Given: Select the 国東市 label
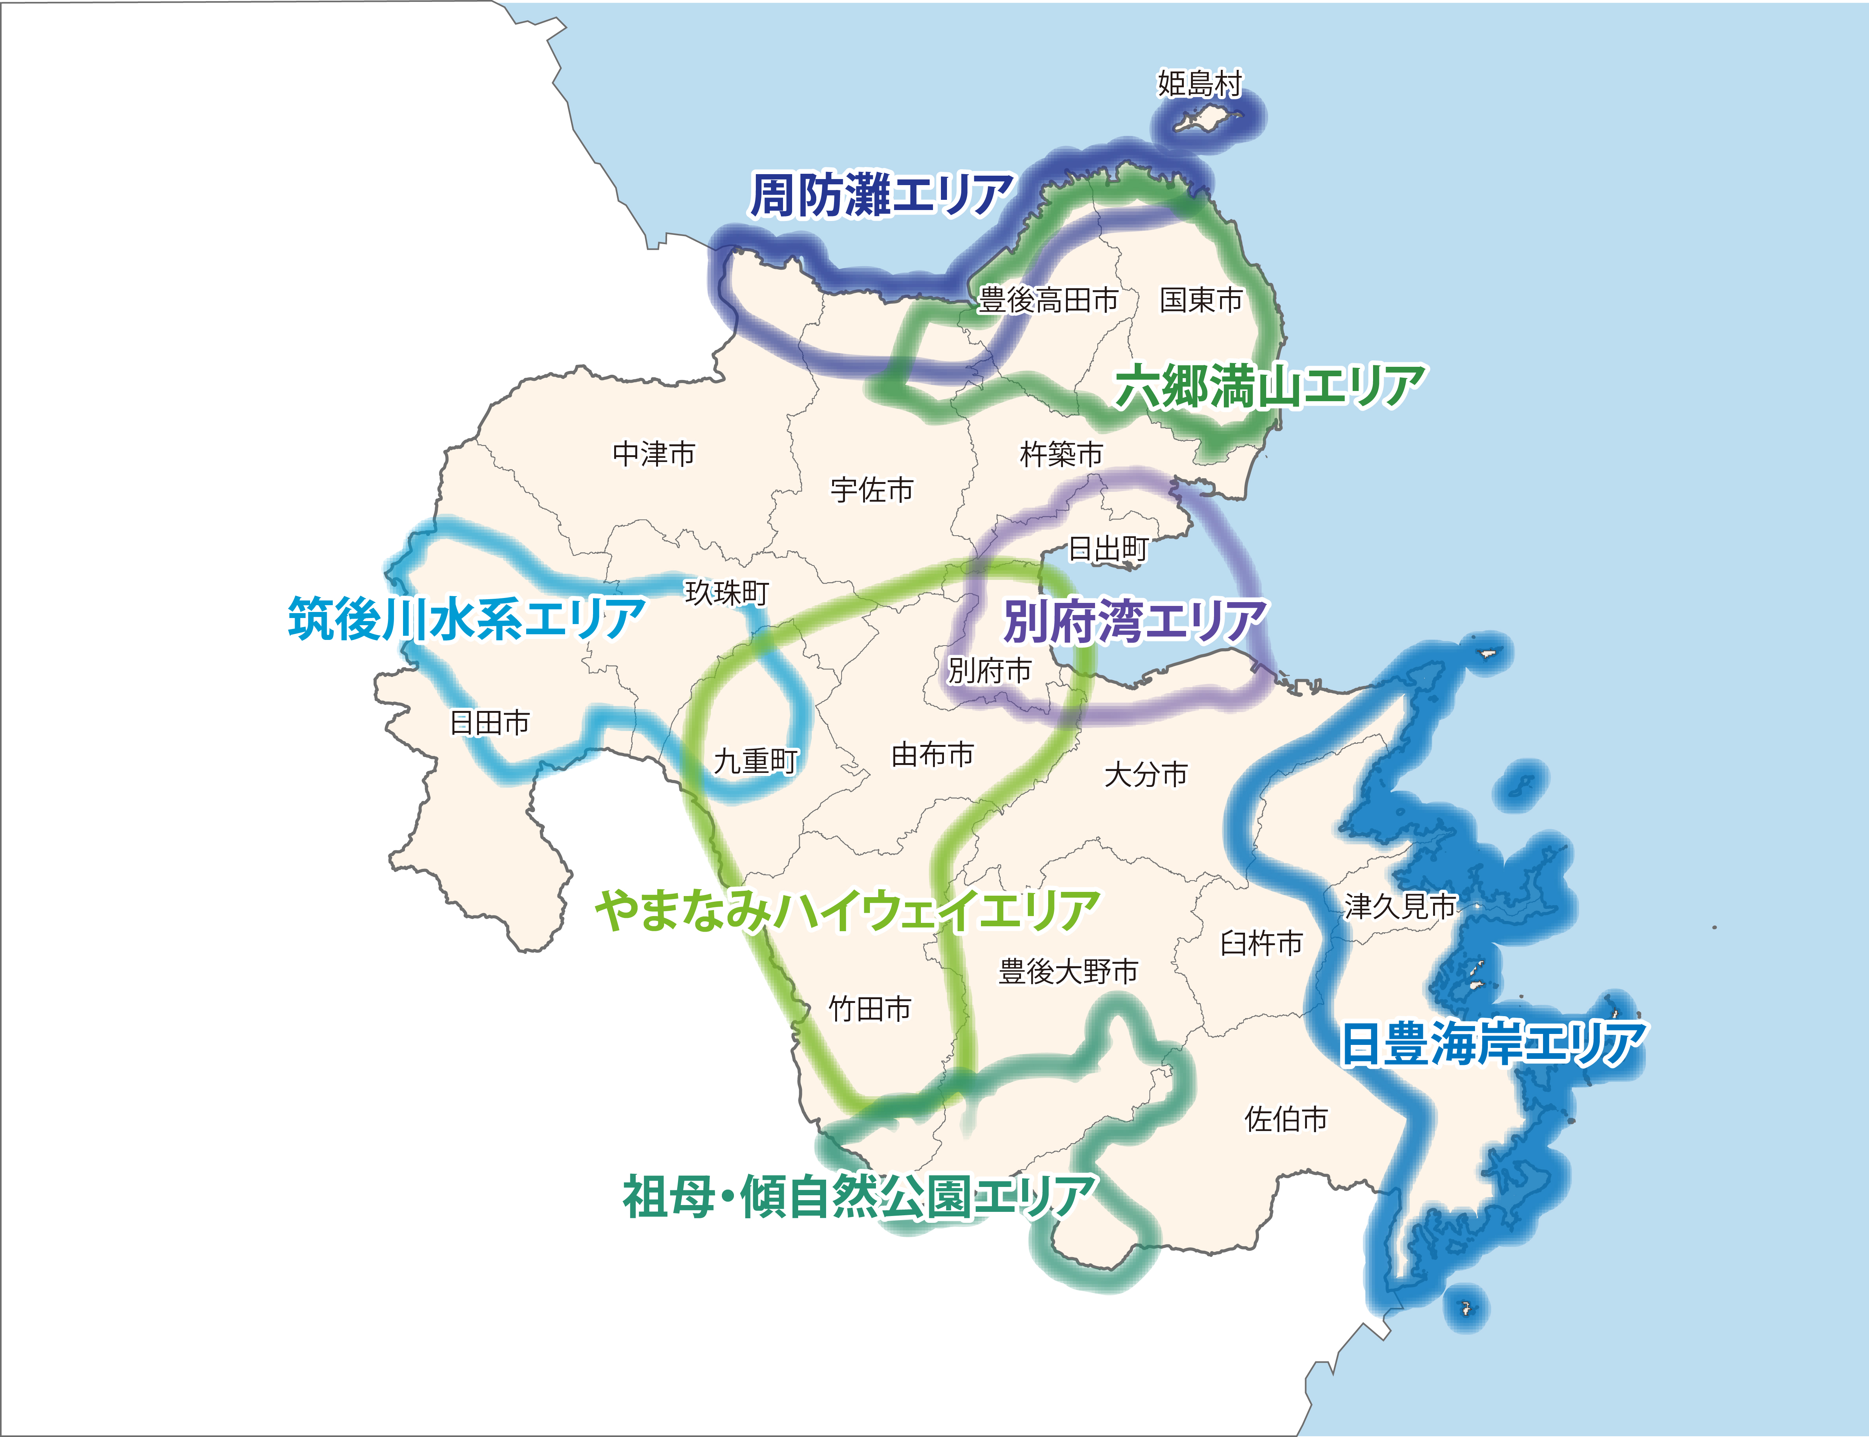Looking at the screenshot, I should (1201, 300).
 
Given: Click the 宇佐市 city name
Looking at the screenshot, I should (872, 490).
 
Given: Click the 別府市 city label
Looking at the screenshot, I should (990, 671).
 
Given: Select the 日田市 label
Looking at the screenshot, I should (490, 723).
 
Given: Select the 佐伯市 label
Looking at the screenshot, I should (1286, 1119).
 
